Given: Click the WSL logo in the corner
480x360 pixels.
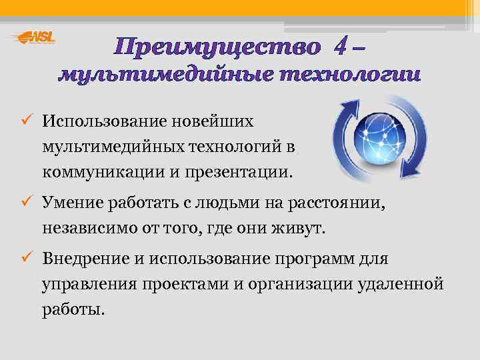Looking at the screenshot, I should tap(33, 38).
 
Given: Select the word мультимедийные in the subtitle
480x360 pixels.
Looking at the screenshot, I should tap(165, 75).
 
